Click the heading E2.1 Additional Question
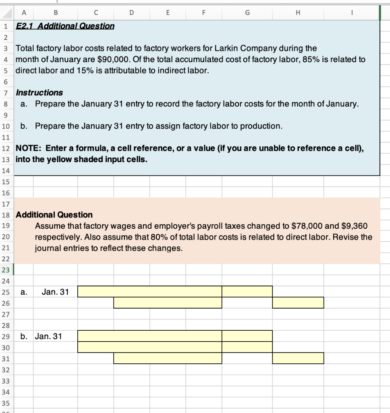(x=65, y=26)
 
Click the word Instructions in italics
(x=39, y=93)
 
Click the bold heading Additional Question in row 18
(x=54, y=215)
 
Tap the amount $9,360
(x=354, y=226)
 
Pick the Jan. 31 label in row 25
(x=55, y=292)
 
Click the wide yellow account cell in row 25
(x=149, y=292)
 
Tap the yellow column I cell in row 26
(x=298, y=302)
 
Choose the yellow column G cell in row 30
(x=247, y=347)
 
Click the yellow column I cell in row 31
(x=298, y=358)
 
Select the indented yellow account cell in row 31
(x=168, y=358)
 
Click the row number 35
(x=6, y=403)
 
